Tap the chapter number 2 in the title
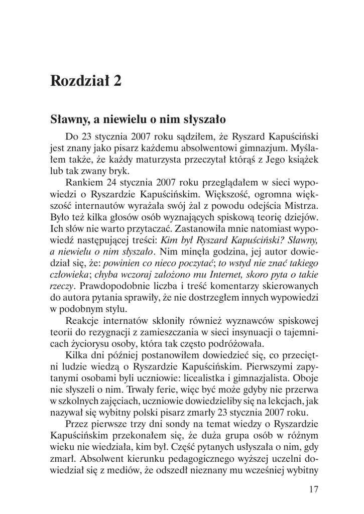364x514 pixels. click(x=116, y=81)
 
